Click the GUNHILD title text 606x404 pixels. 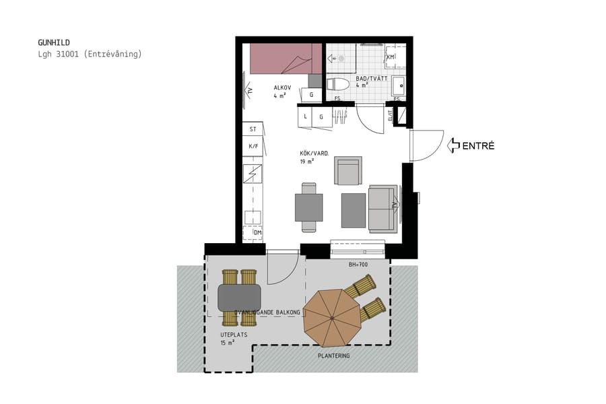[x=54, y=42]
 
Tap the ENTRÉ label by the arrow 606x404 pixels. [x=478, y=145]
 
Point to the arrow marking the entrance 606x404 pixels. [x=453, y=145]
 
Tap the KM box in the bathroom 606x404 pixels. [x=391, y=57]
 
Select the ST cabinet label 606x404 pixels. [x=253, y=129]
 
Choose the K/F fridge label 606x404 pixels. [x=253, y=146]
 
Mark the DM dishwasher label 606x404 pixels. [x=257, y=233]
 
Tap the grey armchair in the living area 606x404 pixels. [x=348, y=171]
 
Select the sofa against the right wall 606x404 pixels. [x=383, y=207]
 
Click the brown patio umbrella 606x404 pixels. [x=332, y=313]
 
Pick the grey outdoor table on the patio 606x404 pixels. [x=239, y=297]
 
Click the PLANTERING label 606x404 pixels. [x=333, y=356]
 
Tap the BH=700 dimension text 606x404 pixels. [x=358, y=265]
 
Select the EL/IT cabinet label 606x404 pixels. [x=391, y=116]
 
